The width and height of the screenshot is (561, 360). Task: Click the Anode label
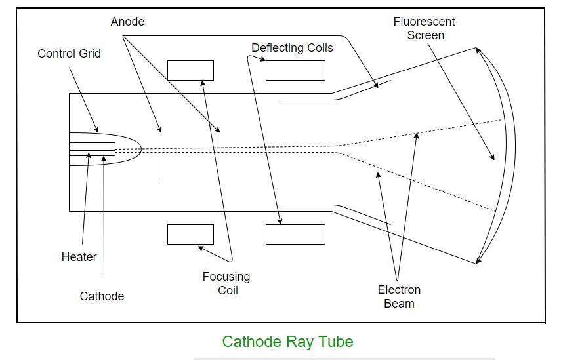pyautogui.click(x=127, y=22)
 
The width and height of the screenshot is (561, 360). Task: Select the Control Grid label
pyautogui.click(x=69, y=54)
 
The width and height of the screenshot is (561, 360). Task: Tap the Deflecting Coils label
pyautogui.click(x=292, y=48)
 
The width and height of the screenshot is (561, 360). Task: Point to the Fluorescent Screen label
pyautogui.click(x=425, y=28)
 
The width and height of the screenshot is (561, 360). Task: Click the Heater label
pyautogui.click(x=79, y=257)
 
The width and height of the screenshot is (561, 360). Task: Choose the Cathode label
pyautogui.click(x=102, y=296)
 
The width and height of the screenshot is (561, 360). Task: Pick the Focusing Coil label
pyautogui.click(x=226, y=283)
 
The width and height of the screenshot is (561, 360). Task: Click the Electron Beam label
pyautogui.click(x=399, y=296)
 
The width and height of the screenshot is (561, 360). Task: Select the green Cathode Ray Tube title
pyautogui.click(x=287, y=342)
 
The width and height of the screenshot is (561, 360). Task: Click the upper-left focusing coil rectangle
pyautogui.click(x=190, y=70)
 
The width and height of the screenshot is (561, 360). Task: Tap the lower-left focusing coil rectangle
pyautogui.click(x=190, y=234)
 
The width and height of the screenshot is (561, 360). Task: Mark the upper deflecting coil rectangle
pyautogui.click(x=295, y=70)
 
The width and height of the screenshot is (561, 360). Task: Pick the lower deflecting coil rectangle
pyautogui.click(x=295, y=234)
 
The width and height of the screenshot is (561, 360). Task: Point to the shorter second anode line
pyautogui.click(x=220, y=149)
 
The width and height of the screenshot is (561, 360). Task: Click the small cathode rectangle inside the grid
pyautogui.click(x=92, y=149)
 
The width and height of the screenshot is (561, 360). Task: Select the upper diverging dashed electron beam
pyautogui.click(x=420, y=133)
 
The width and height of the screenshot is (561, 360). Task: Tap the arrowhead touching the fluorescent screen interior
pyautogui.click(x=492, y=157)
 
